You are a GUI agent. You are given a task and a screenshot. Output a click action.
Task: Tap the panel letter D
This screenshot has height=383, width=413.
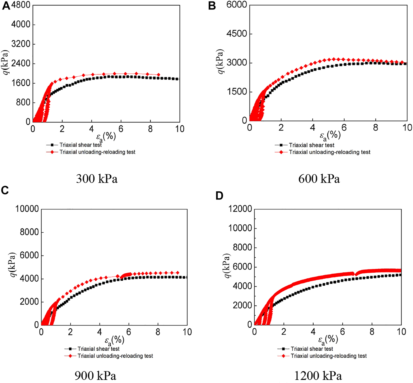219,196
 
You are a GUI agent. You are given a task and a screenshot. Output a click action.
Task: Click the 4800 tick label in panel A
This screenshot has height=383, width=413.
21,5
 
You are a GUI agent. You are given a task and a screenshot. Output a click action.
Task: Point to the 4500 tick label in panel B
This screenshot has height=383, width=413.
237,34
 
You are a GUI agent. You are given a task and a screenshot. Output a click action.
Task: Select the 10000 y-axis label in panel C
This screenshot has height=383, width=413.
27,209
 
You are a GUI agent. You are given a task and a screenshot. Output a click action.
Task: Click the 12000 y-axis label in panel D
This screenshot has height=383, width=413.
240,209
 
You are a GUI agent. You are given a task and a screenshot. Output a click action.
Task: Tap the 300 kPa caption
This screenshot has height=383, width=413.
97,179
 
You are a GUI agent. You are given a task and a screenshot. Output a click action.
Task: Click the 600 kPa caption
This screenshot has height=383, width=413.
319,179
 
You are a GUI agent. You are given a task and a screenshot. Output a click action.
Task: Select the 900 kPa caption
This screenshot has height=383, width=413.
95,376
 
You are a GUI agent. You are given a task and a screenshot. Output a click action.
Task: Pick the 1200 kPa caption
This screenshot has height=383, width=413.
318,376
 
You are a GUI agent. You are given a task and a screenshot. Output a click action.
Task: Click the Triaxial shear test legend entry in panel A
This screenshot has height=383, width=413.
80,145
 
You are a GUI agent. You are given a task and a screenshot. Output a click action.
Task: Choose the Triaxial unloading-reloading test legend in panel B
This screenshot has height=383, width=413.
329,152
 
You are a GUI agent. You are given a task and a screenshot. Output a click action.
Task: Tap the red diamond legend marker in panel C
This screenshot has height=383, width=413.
70,356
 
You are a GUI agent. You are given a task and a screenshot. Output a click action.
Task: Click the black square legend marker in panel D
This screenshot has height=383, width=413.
284,349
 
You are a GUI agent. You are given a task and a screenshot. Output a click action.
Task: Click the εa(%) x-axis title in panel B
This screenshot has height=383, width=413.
330,136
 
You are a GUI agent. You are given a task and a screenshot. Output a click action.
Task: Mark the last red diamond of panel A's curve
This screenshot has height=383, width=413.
159,75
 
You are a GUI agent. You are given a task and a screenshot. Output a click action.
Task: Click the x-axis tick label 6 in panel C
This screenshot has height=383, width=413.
129,332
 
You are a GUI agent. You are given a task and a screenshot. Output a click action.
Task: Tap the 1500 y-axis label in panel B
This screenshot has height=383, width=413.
237,92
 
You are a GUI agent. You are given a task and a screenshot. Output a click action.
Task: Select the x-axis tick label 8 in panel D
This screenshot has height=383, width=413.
372,332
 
